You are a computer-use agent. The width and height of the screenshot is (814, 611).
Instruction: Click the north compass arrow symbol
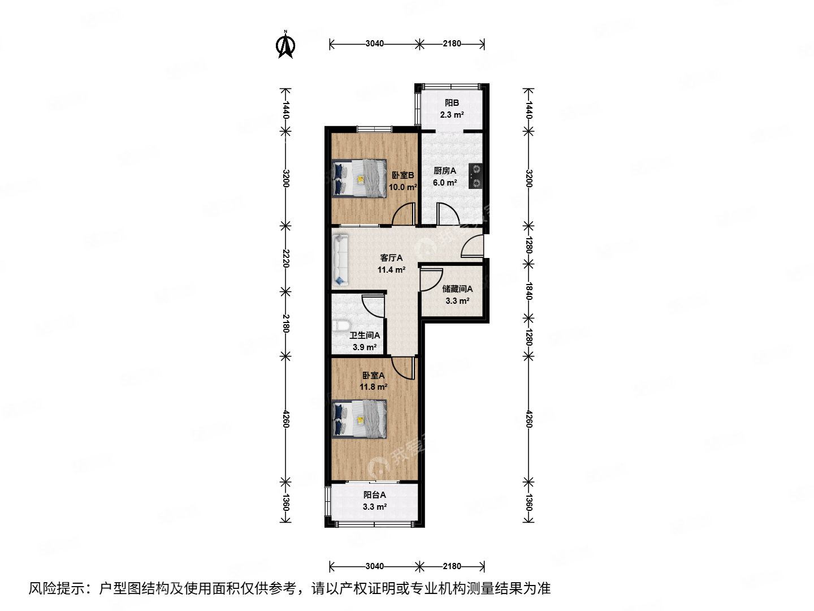pyautogui.click(x=285, y=45)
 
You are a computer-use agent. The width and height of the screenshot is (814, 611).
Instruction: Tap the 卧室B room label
pyautogui.click(x=402, y=175)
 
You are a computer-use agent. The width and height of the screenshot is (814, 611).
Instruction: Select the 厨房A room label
pyautogui.click(x=444, y=170)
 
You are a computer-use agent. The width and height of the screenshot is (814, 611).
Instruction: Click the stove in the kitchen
pyautogui.click(x=476, y=175)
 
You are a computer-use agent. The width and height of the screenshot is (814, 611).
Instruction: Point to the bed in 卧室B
pyautogui.click(x=359, y=178)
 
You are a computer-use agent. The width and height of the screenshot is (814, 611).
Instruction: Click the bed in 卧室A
pyautogui.click(x=360, y=419)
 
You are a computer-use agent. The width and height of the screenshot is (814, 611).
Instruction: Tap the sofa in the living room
pyautogui.click(x=341, y=260)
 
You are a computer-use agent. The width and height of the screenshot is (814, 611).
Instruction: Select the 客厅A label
pyautogui.click(x=391, y=258)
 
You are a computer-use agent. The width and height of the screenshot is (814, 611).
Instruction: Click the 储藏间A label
pyautogui.click(x=457, y=289)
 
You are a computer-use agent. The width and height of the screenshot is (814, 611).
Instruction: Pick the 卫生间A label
pyautogui.click(x=365, y=335)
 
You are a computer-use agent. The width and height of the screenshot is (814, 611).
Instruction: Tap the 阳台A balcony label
pyautogui.click(x=375, y=495)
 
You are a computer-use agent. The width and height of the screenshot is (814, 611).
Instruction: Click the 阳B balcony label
pyautogui.click(x=452, y=103)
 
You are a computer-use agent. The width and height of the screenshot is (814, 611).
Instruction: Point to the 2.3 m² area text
pyautogui.click(x=452, y=115)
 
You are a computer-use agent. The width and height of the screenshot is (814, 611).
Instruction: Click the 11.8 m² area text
pyautogui.click(x=373, y=387)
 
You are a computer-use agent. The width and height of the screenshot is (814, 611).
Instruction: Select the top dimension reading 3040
pyautogui.click(x=374, y=44)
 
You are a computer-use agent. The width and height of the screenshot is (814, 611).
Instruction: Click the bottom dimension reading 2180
pyautogui.click(x=452, y=566)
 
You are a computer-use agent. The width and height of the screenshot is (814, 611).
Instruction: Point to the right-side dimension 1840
pyautogui.click(x=529, y=291)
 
